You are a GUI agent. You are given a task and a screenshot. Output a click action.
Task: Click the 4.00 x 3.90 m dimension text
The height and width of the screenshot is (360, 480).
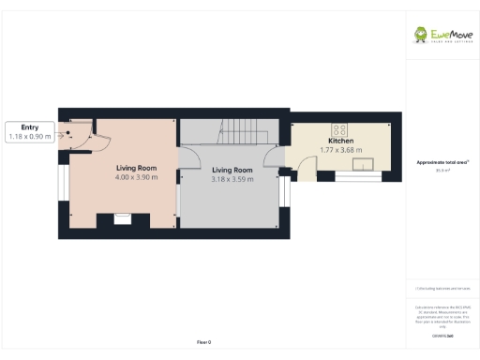(136, 176)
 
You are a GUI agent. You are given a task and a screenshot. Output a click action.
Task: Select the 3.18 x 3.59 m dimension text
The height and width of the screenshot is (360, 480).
(232, 178)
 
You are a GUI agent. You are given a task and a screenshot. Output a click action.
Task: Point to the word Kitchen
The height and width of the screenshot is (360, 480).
(340, 142)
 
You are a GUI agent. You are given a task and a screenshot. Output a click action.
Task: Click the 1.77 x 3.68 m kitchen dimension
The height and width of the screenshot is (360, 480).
(340, 150)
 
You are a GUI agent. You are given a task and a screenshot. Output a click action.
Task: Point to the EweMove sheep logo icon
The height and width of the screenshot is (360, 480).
(424, 35)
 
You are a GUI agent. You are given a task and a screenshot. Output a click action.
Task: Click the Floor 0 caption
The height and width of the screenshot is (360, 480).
(204, 342)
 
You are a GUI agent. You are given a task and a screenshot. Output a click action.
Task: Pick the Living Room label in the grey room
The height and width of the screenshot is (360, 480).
(232, 170)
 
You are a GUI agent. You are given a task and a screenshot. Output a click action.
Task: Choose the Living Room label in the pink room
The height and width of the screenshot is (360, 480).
(136, 168)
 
